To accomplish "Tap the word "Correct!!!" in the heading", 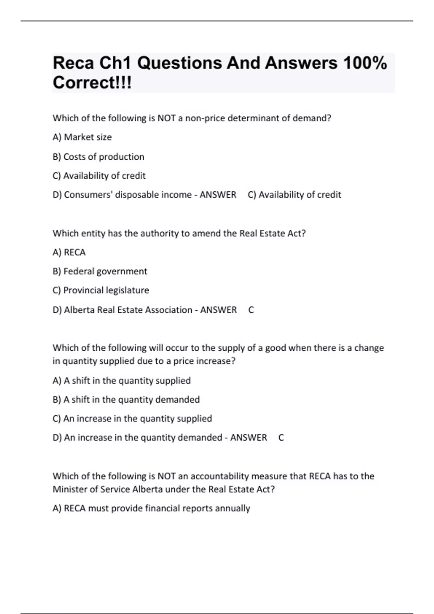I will coord(92,83).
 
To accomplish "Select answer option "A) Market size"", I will coord(82,137).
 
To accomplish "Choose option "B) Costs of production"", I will coord(98,157).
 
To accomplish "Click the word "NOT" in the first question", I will coord(167,118).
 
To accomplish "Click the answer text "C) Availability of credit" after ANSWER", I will coord(294,195).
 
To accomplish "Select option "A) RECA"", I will coord(69,252).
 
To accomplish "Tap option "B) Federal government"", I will coord(100,271).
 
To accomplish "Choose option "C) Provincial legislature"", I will coord(101,290).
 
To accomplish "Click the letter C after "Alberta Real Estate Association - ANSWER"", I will coord(251,310).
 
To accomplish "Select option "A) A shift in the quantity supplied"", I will coord(122,381).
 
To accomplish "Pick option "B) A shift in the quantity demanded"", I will coord(126,400).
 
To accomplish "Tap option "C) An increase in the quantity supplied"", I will coord(132,419).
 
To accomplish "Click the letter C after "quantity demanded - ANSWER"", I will coord(281,438).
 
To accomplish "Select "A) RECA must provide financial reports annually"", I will coord(151,509).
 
